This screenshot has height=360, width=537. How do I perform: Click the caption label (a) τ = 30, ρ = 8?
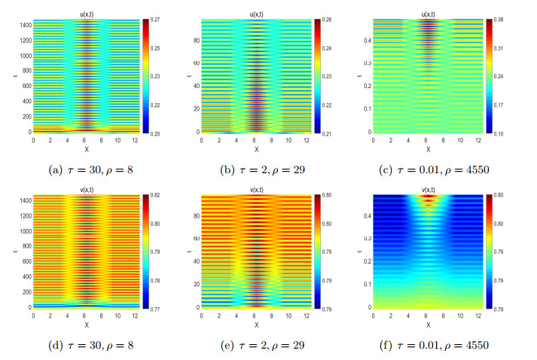click(87, 169)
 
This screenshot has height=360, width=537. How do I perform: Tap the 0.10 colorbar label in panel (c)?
click(499, 132)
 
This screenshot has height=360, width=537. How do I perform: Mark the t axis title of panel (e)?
click(193, 252)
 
